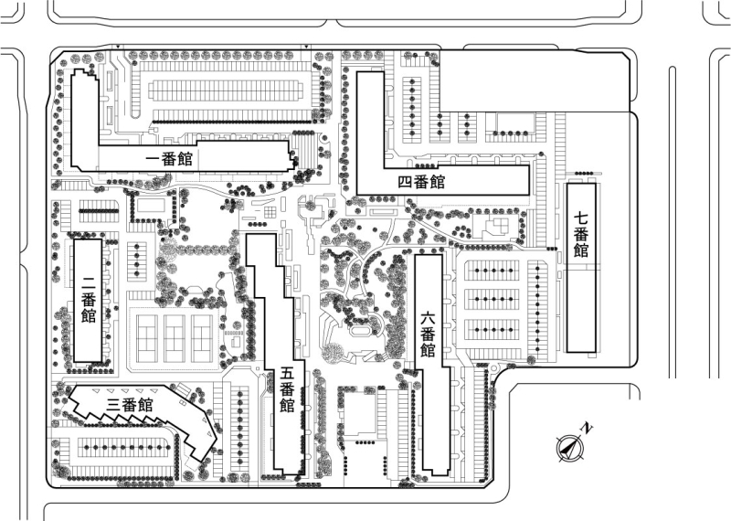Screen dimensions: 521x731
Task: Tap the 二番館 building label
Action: pyautogui.click(x=89, y=299)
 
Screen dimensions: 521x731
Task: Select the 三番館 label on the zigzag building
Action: pyautogui.click(x=129, y=404)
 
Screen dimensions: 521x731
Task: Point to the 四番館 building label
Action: pyautogui.click(x=421, y=181)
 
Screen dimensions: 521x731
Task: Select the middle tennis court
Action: pyautogui.click(x=172, y=335)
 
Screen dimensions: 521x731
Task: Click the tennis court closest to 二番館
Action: pyautogui.click(x=146, y=335)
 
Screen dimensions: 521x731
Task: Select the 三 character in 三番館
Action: pyautogui.click(x=113, y=404)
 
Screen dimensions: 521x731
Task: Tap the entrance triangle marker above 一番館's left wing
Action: pyautogui.click(x=118, y=47)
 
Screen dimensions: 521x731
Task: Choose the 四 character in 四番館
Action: pyautogui.click(x=406, y=181)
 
